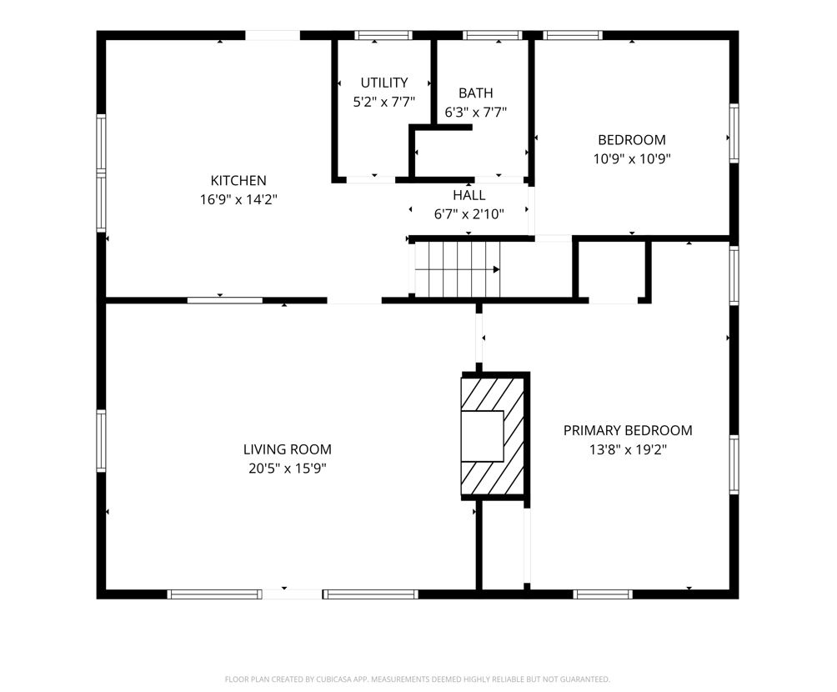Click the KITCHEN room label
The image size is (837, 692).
pos(238,180)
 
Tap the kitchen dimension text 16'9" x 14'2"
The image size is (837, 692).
pos(238,200)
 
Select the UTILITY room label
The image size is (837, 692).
pos(383,83)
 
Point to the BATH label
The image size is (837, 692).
pos(476,93)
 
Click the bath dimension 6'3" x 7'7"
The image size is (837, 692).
pos(476,112)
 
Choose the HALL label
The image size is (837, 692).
pos(469,195)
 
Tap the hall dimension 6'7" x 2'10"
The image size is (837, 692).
pos(469,214)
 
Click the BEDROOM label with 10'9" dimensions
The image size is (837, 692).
pos(632,140)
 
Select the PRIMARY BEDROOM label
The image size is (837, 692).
pos(628,430)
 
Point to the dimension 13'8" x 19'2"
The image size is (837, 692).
pos(629,449)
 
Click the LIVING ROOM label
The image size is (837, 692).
pos(287,449)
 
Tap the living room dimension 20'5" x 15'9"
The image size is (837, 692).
pos(287,469)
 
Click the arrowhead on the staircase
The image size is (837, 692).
pos(496,269)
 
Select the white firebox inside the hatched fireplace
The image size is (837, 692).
pos(483,436)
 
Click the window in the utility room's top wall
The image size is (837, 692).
pos(383,35)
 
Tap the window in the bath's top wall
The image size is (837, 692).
pos(492,35)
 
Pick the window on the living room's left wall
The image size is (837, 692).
pos(101,441)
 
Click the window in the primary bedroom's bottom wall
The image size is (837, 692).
pos(603,594)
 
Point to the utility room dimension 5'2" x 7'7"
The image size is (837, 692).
pos(383,102)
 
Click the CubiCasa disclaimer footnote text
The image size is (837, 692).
pos(418,679)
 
